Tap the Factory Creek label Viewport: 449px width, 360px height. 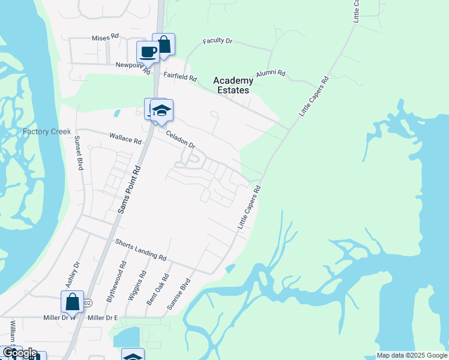coord(47,131)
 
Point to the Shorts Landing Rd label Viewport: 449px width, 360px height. coord(140,248)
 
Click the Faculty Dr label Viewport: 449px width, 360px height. coord(217,41)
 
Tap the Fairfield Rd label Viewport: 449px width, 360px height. coord(181,77)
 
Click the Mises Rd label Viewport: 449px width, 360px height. coord(105,37)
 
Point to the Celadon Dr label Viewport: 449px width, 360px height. coord(181,140)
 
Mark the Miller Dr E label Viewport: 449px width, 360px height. coord(103,317)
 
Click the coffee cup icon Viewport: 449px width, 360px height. coord(148,52)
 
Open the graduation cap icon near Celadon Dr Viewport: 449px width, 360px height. coord(161,110)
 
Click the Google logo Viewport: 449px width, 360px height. coord(20,353)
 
